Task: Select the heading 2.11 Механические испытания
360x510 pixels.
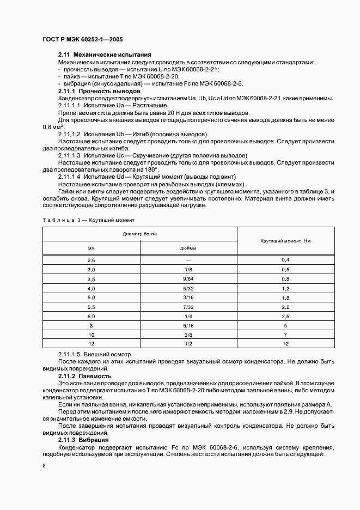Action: click(105, 55)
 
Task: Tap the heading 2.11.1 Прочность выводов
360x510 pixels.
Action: click(99, 92)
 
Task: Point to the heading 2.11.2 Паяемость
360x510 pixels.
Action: click(85, 376)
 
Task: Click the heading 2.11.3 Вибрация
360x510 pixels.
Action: click(83, 439)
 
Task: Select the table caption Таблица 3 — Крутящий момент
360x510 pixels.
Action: click(88, 220)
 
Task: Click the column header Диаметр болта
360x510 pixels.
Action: click(140, 233)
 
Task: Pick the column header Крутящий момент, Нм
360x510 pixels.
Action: click(285, 240)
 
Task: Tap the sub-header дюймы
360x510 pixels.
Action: click(188, 247)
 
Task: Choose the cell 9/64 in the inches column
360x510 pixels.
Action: click(188, 279)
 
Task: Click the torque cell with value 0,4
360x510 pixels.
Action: click(285, 260)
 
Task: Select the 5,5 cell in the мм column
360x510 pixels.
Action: click(91, 307)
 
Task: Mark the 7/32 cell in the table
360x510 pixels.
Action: click(188, 307)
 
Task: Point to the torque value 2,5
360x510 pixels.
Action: click(285, 316)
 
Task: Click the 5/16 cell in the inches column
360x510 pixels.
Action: click(188, 325)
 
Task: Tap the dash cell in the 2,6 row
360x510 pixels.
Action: click(188, 260)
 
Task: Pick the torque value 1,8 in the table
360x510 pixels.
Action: click(285, 297)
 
